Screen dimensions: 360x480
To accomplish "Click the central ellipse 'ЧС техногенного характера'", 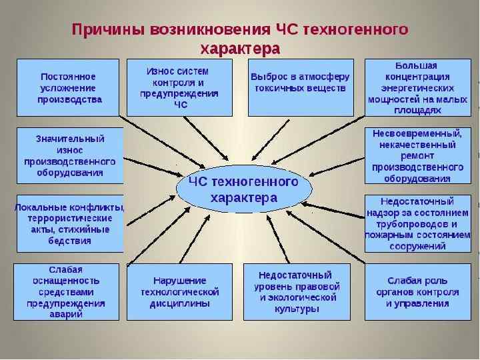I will pyautogui.click(x=243, y=189).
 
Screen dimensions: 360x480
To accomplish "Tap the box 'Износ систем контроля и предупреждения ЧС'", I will pyautogui.click(x=179, y=87).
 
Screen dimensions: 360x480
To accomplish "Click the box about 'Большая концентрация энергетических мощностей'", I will pyautogui.click(x=417, y=87).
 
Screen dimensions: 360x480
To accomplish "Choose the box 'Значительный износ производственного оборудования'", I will pyautogui.click(x=69, y=155).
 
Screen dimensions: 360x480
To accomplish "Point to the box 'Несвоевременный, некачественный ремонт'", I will pyautogui.click(x=417, y=155).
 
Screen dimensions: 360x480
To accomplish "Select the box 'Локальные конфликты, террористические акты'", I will pyautogui.click(x=69, y=223).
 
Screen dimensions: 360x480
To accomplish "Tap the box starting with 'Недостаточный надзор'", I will pyautogui.click(x=417, y=223).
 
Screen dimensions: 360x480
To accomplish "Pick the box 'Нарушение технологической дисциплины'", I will pyautogui.click(x=179, y=291).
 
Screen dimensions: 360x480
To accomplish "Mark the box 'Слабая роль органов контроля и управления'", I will pyautogui.click(x=417, y=291).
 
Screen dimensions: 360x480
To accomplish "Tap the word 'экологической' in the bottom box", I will pyautogui.click(x=305, y=297).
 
